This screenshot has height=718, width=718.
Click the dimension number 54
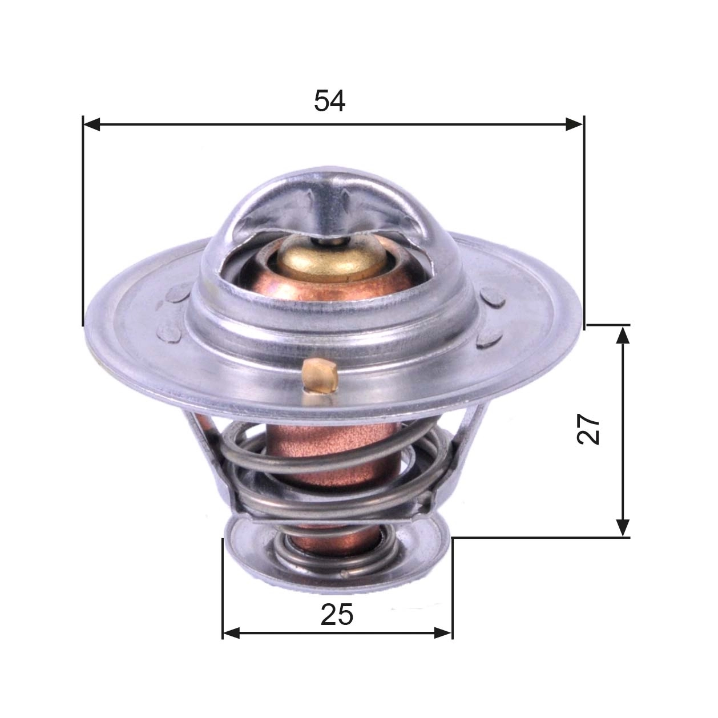329,102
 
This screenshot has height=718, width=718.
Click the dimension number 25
337,615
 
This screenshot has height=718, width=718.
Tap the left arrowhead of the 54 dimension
91,124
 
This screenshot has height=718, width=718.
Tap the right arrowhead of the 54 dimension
575,124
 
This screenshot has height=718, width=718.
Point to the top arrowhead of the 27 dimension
623,334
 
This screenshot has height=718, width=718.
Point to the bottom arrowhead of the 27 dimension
623,527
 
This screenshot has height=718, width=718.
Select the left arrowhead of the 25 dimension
231,632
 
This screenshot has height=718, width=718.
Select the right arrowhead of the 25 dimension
443,632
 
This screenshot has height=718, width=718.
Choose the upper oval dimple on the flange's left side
177,295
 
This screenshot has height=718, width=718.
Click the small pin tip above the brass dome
329,240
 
